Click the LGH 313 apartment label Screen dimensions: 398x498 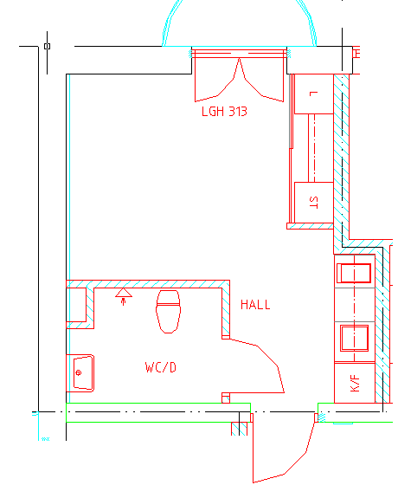224,112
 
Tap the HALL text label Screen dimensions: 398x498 255,305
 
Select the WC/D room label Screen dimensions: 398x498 161,367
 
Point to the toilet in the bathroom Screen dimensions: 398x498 168,312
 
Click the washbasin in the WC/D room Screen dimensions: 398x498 84,373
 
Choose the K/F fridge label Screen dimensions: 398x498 355,384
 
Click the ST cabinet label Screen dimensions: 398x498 313,203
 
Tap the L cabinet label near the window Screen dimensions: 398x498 313,94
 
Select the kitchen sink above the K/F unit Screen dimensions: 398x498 354,338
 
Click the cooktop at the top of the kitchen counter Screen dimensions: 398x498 354,273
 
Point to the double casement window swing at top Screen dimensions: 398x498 239,80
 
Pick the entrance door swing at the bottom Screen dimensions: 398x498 284,452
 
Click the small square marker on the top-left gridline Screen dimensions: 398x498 48,47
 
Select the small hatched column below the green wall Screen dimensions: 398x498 239,429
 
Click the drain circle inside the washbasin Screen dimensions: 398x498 79,373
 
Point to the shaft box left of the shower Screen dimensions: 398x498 76,305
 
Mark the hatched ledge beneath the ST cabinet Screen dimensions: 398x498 310,226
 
